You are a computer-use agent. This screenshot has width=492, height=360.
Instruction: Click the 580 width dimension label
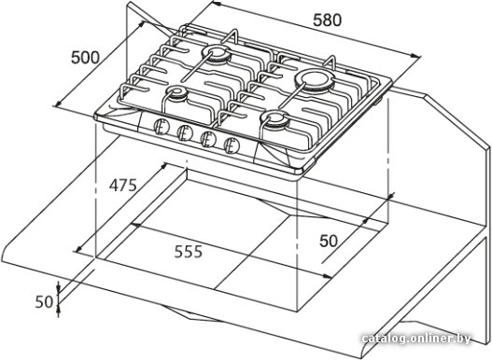tap(327, 21)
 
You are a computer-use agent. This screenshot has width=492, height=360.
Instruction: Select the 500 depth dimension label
tap(85, 58)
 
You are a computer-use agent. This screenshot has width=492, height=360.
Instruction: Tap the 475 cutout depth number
tap(123, 185)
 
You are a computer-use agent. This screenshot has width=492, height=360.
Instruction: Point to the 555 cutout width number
tap(189, 252)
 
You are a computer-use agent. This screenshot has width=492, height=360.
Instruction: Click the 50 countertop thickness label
tap(44, 302)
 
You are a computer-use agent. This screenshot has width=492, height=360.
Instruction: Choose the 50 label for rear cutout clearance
tap(329, 241)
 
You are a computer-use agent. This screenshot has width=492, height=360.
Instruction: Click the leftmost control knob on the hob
tap(162, 128)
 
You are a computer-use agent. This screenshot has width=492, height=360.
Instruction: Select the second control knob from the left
tap(185, 133)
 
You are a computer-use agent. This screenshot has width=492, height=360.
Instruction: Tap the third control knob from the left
tap(208, 139)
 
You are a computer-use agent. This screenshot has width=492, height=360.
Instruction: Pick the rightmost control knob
tap(232, 145)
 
